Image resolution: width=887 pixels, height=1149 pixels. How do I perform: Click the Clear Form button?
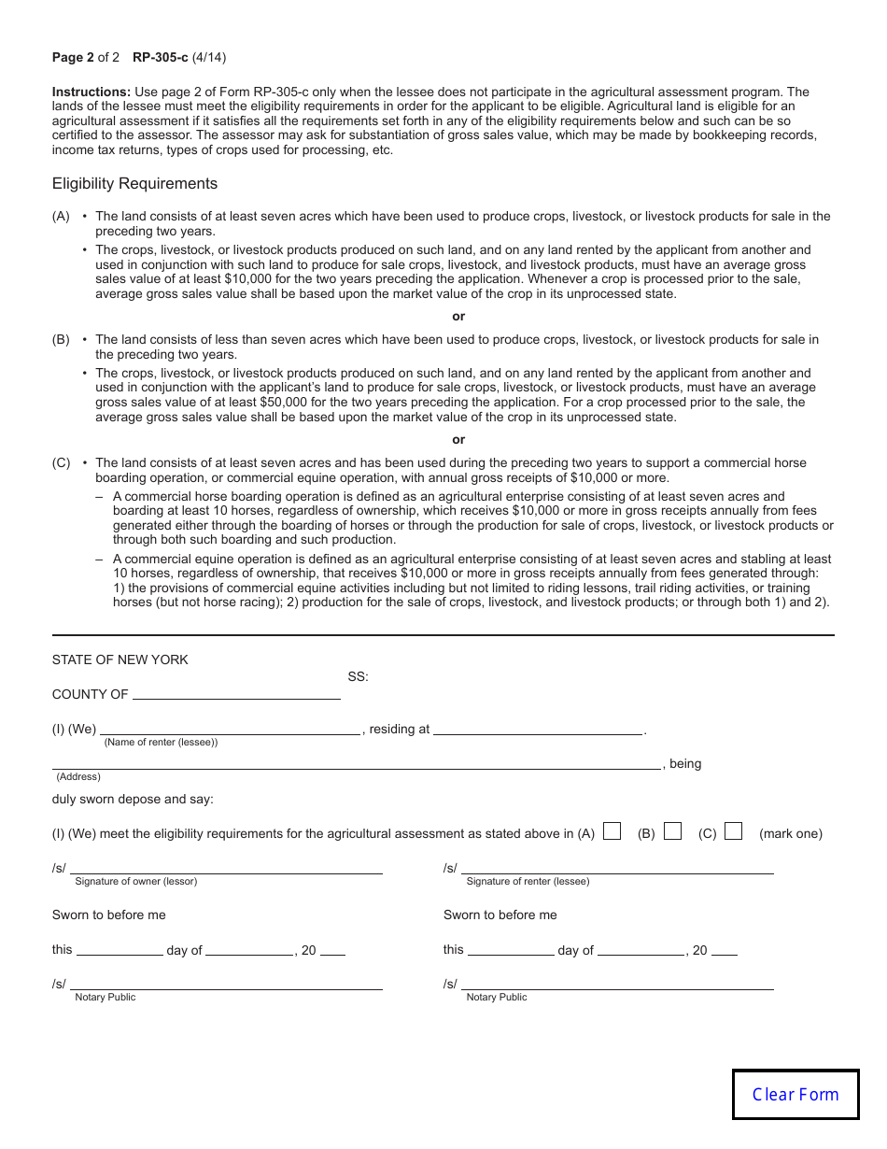click(x=795, y=1095)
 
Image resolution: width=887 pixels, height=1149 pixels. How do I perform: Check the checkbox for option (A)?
click(x=612, y=831)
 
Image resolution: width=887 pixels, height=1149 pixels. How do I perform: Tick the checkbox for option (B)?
click(x=672, y=831)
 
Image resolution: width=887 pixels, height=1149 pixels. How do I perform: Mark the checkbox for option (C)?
click(x=733, y=831)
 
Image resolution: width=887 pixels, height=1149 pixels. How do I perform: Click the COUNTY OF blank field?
click(x=236, y=693)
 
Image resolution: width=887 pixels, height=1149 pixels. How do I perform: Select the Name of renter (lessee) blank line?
click(x=230, y=728)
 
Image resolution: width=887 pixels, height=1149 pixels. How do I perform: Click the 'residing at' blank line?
click(x=538, y=728)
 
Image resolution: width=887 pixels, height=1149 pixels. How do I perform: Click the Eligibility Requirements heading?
click(x=134, y=184)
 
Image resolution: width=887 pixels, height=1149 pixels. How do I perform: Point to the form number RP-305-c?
click(x=160, y=58)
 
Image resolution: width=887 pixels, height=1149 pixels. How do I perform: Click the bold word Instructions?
click(x=92, y=92)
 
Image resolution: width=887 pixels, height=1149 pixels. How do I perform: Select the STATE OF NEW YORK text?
click(x=120, y=660)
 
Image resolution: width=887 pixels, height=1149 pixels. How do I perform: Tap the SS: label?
click(x=358, y=677)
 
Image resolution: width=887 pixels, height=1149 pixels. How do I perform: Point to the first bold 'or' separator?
click(x=458, y=317)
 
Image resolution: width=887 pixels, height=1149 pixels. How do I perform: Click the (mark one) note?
click(x=791, y=833)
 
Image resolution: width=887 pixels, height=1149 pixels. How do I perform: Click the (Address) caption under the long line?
click(x=78, y=776)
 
